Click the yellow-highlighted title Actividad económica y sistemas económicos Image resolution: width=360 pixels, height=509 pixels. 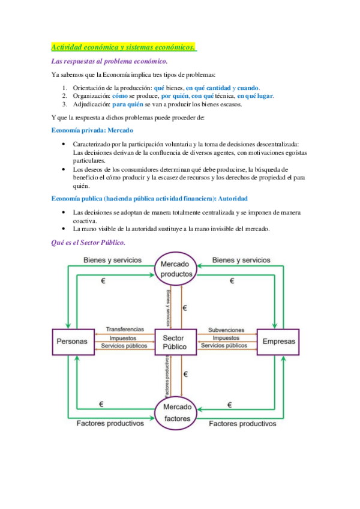coord(124,47)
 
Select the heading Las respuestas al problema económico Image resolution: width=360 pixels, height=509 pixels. coord(109,61)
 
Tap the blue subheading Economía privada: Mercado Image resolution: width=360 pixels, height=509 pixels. coord(92,130)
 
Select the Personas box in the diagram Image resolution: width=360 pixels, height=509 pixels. coord(72,342)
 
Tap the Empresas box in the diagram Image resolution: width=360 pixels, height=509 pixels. coord(279,342)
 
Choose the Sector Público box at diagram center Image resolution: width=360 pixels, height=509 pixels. coord(175,342)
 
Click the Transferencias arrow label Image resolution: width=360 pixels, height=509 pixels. coord(124,330)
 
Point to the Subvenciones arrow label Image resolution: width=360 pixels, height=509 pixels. coord(226,330)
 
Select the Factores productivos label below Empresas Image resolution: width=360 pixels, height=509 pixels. coord(242,423)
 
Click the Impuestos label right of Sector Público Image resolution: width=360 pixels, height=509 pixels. coord(226,338)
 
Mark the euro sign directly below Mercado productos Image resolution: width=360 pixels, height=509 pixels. coord(185,308)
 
